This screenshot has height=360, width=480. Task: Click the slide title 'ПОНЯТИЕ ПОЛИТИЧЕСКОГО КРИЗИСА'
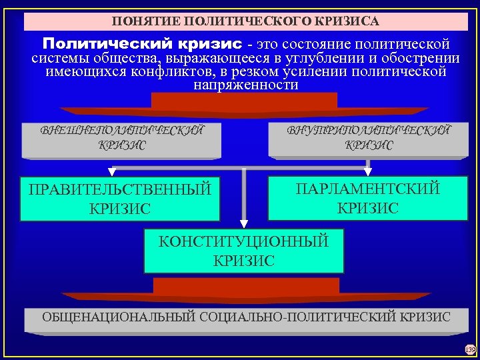click(x=245, y=21)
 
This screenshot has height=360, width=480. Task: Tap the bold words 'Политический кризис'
click(x=142, y=44)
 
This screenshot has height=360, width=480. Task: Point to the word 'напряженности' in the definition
click(x=245, y=85)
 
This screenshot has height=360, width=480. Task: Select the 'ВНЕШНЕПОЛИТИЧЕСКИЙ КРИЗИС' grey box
click(x=121, y=139)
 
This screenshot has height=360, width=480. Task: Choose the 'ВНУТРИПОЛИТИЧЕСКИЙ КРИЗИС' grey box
click(x=368, y=139)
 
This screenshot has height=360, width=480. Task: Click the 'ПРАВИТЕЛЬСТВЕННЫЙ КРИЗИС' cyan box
click(x=120, y=199)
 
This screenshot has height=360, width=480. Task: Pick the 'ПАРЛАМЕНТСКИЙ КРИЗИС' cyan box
click(x=368, y=198)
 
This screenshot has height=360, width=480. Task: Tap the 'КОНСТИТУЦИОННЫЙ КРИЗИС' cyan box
click(x=244, y=251)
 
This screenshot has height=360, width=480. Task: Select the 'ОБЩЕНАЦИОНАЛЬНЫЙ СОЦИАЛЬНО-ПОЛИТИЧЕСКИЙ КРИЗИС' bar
click(x=246, y=317)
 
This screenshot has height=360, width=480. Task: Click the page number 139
click(x=470, y=349)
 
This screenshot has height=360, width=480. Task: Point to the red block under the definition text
click(x=244, y=101)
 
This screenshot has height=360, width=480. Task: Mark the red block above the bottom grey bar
click(x=245, y=287)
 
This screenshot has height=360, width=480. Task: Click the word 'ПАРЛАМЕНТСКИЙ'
click(x=368, y=189)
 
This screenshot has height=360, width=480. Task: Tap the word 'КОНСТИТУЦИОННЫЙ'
click(x=244, y=241)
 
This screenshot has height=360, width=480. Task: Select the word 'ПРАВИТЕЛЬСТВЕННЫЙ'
click(x=120, y=190)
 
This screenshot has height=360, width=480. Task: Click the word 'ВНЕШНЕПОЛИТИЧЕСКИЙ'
click(x=121, y=129)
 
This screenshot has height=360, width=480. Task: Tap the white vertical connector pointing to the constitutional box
click(x=244, y=200)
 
